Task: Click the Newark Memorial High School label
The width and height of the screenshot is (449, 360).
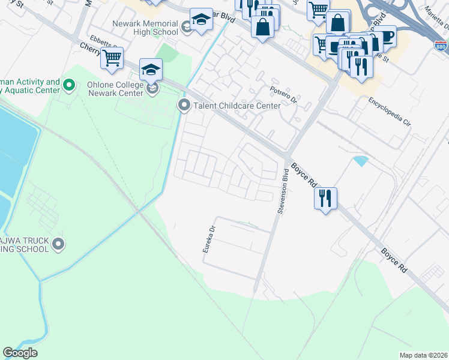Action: tap(145, 28)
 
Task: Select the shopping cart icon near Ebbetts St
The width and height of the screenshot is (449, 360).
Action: tap(112, 58)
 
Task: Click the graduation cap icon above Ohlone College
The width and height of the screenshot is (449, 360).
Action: tap(151, 70)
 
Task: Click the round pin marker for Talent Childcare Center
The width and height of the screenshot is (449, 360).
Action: tap(184, 106)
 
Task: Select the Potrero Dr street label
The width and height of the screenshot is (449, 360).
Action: tap(283, 94)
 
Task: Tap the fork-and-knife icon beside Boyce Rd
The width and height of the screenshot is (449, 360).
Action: tap(325, 198)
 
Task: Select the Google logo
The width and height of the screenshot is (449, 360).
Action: tap(20, 353)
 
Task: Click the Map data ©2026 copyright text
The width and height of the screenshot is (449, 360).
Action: tap(424, 355)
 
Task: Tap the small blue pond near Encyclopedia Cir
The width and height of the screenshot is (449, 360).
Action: tap(361, 161)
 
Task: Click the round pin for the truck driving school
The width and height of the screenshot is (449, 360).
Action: tap(58, 244)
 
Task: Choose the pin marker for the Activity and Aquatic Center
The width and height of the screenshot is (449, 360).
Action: tap(69, 86)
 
